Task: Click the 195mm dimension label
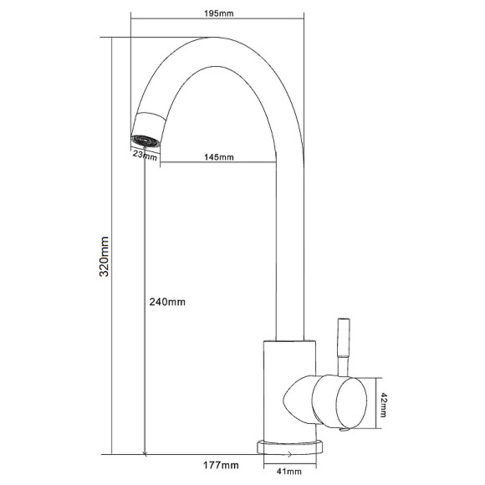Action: pos(219,13)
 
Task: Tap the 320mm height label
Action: pos(104,257)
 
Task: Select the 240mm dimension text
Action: pos(167,302)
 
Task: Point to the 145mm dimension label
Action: pos(219,157)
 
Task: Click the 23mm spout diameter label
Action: pos(145,156)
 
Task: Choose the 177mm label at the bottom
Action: pos(221,465)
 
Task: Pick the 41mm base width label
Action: pos(289,472)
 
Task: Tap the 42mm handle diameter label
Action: pos(383,405)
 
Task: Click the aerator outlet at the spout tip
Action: pos(145,140)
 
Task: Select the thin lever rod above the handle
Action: pos(344,347)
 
